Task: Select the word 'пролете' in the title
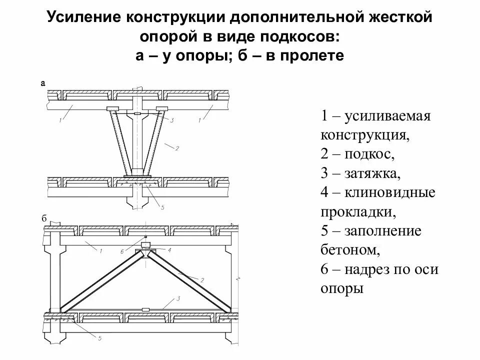click(x=315, y=55)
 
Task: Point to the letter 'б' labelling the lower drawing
click(x=43, y=219)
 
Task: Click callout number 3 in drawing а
click(x=171, y=120)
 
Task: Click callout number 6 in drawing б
click(x=122, y=251)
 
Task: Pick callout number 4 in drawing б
click(x=169, y=249)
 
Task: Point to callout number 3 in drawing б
click(x=177, y=298)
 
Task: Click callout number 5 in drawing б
click(x=99, y=338)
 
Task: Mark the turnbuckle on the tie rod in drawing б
click(x=145, y=309)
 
